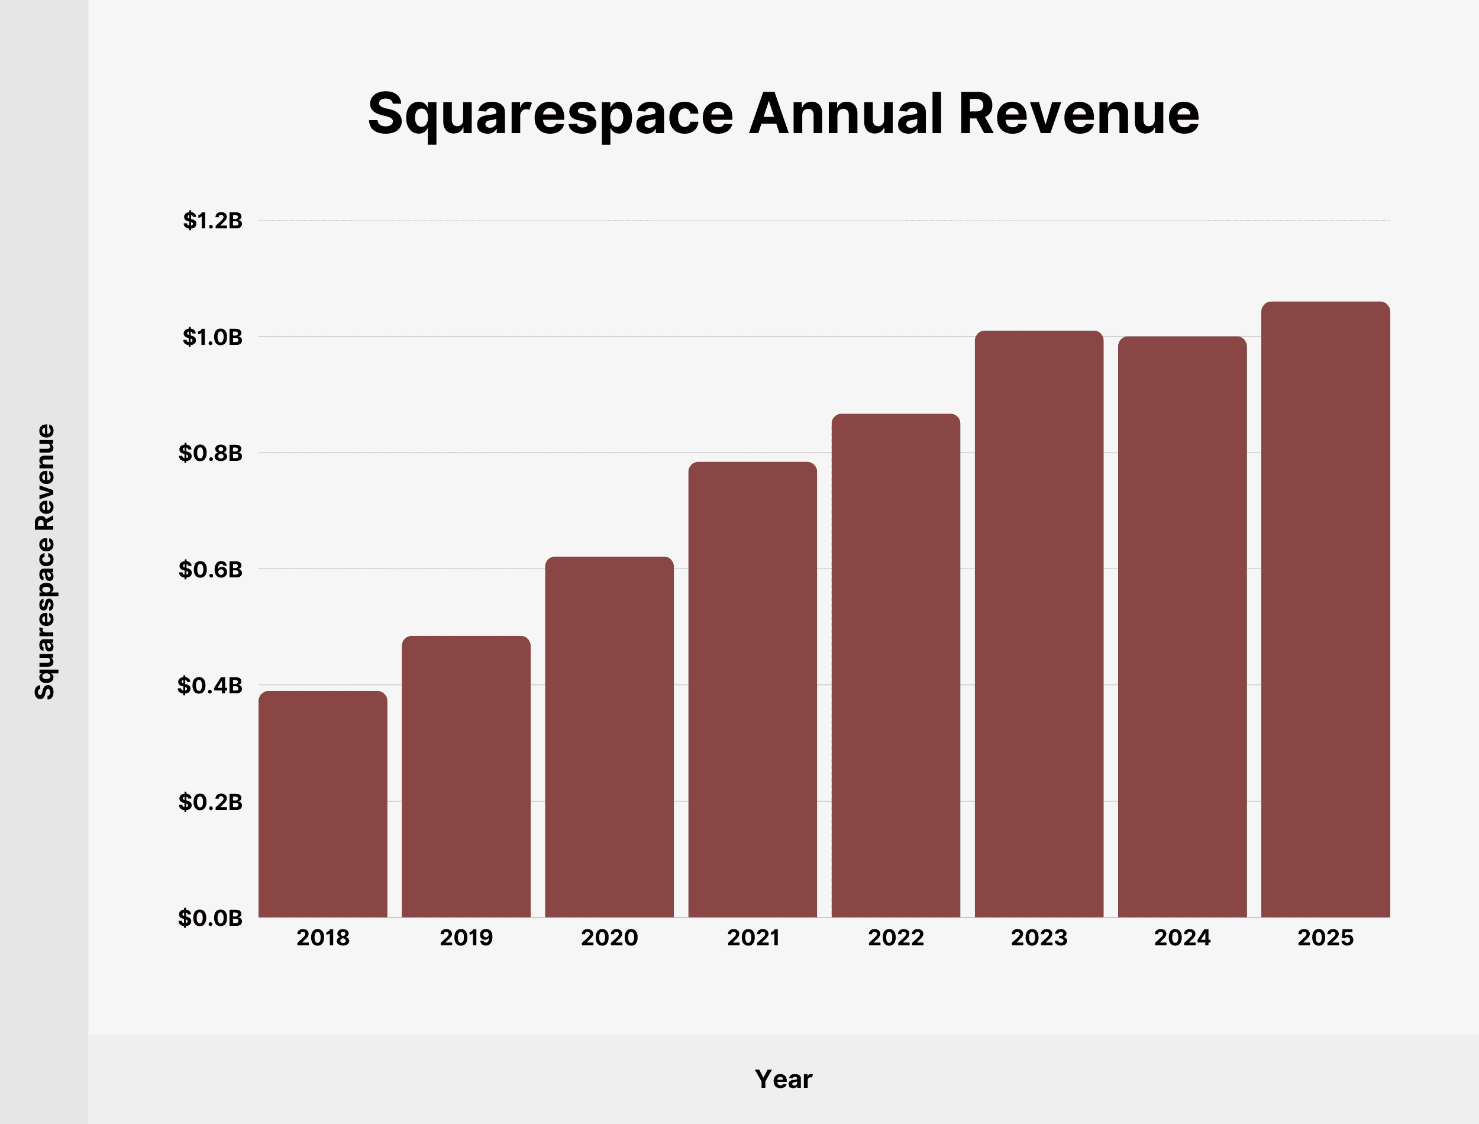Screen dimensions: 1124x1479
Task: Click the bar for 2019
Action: click(466, 776)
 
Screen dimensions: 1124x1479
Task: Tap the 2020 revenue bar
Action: click(609, 737)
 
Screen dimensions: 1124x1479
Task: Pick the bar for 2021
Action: click(752, 689)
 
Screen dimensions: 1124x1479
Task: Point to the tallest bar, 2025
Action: click(1325, 609)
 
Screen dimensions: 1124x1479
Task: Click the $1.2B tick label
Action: click(213, 221)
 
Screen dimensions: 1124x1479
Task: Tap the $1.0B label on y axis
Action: click(213, 337)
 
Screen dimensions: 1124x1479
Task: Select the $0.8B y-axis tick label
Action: click(211, 453)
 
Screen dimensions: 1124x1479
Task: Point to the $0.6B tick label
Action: click(211, 569)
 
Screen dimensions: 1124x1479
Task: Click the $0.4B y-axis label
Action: click(210, 685)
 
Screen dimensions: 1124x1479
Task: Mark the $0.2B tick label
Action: click(211, 802)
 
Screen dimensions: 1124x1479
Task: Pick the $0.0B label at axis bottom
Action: click(210, 918)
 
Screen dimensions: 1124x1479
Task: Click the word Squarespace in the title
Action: click(550, 115)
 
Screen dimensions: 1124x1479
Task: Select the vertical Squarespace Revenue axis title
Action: click(45, 562)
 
